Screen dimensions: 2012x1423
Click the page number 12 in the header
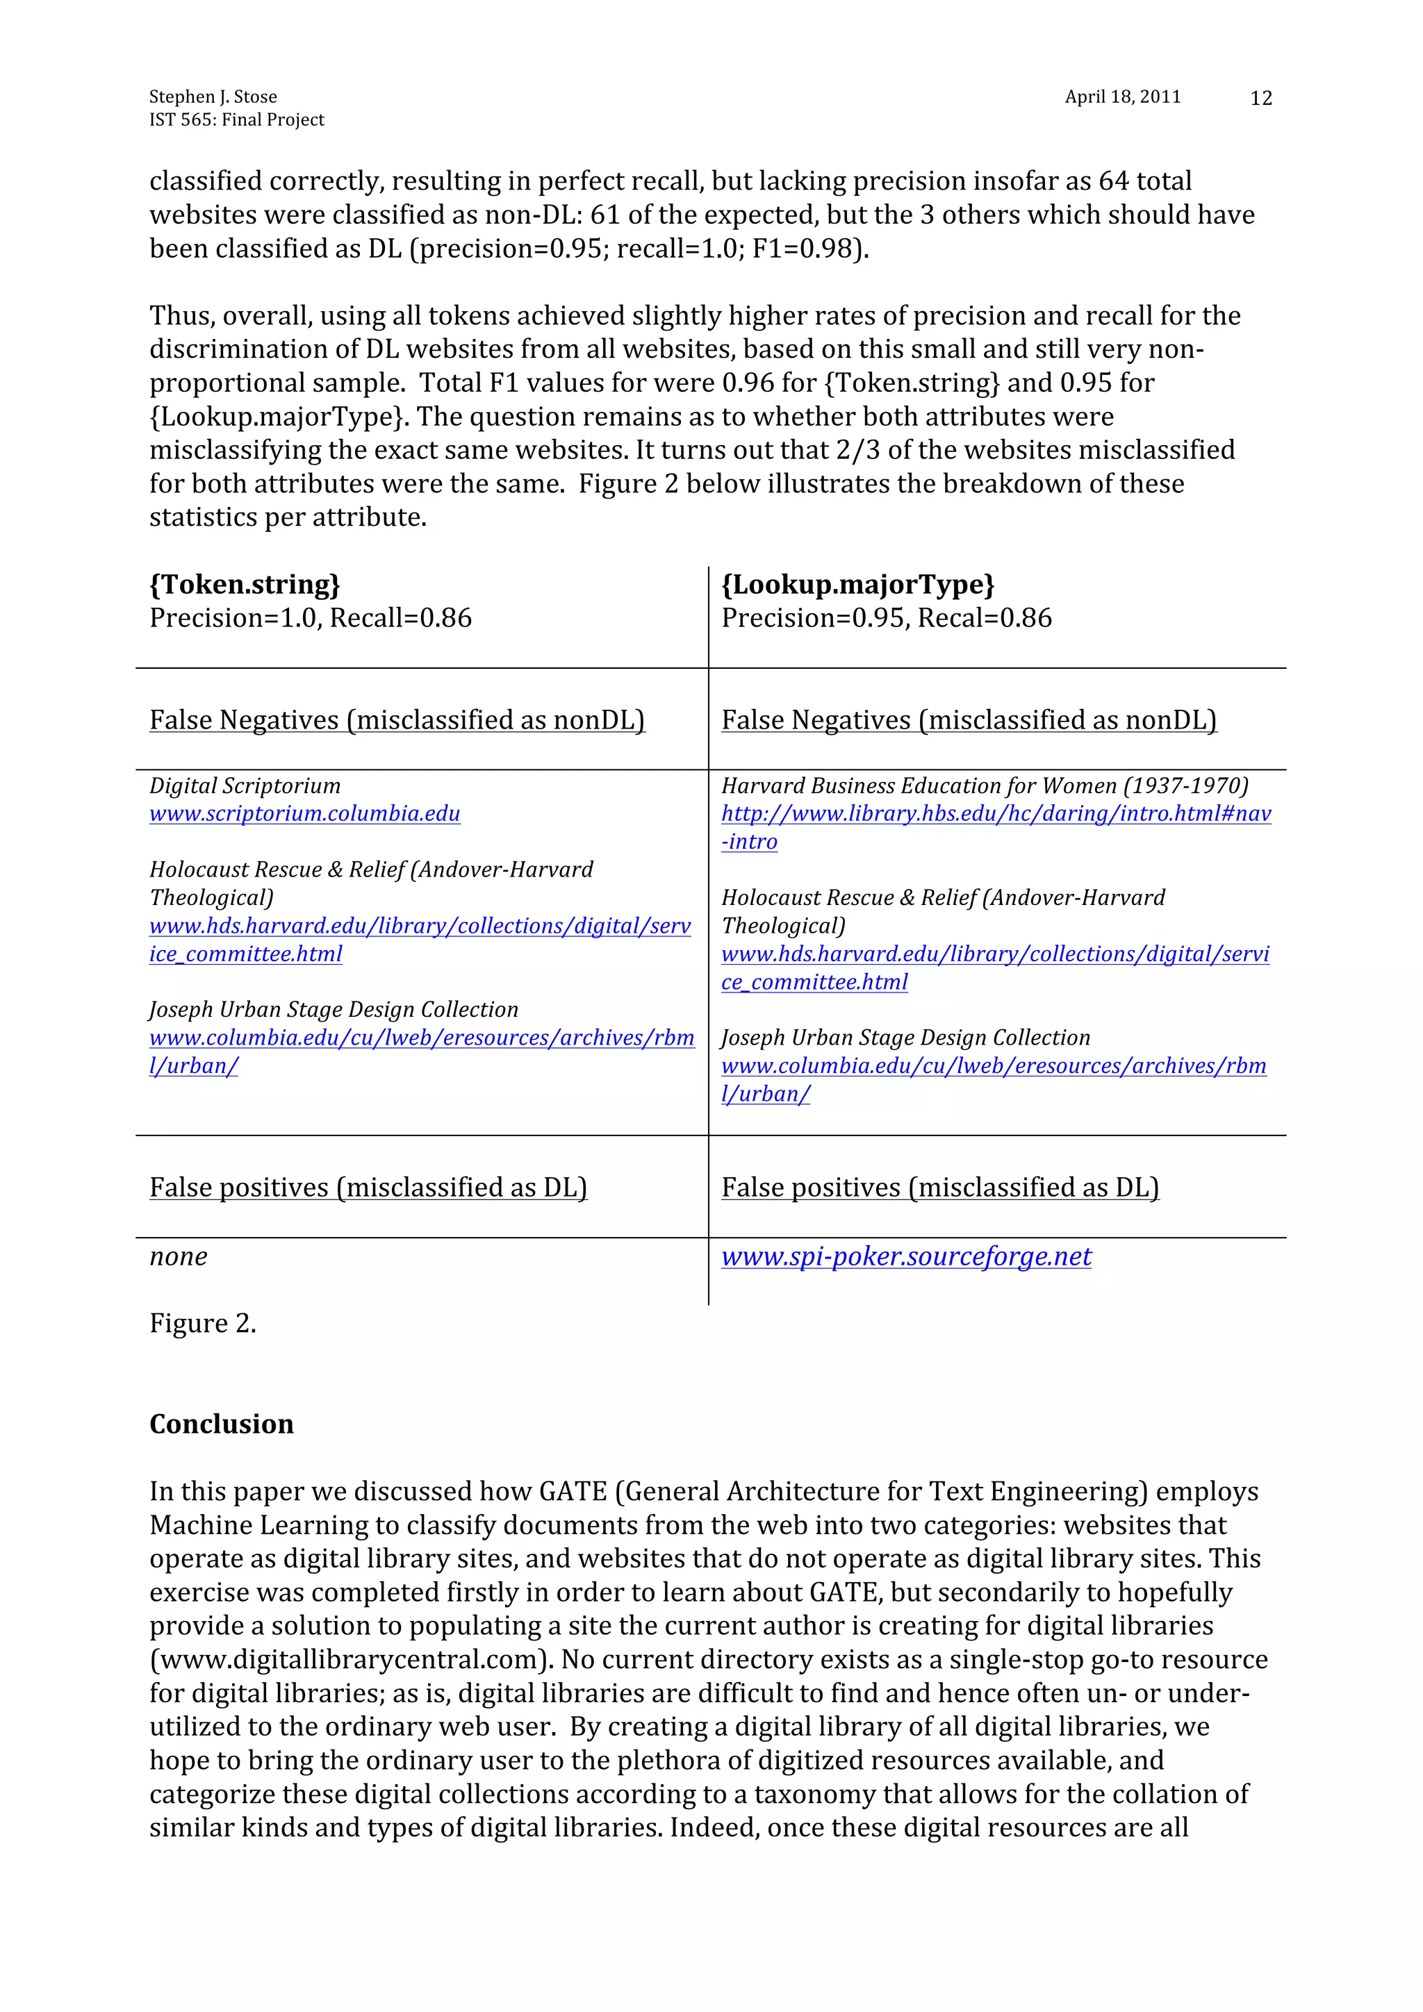pyautogui.click(x=1260, y=98)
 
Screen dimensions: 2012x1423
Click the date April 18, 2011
pyautogui.click(x=1122, y=97)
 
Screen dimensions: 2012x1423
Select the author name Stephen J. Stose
pyautogui.click(x=213, y=97)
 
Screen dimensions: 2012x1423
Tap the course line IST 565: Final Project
pyautogui.click(x=237, y=119)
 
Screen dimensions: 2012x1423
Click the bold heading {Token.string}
pyautogui.click(x=245, y=585)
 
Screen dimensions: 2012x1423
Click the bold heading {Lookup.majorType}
pyautogui.click(x=857, y=585)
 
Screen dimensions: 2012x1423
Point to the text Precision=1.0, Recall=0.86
pyautogui.click(x=311, y=618)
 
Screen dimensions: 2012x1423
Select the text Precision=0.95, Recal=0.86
pyautogui.click(x=885, y=618)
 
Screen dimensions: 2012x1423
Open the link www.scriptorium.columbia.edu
pyautogui.click(x=304, y=813)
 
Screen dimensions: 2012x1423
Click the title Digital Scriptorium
pyautogui.click(x=245, y=785)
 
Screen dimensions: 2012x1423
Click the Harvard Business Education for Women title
pyautogui.click(x=984, y=785)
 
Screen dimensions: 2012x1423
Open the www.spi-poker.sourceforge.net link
pyautogui.click(x=906, y=1256)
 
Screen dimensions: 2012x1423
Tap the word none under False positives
pyautogui.click(x=178, y=1256)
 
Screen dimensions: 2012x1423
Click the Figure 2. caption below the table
pyautogui.click(x=202, y=1322)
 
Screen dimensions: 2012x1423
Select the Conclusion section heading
pyautogui.click(x=221, y=1424)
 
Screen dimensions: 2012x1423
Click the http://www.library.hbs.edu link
pyautogui.click(x=995, y=813)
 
